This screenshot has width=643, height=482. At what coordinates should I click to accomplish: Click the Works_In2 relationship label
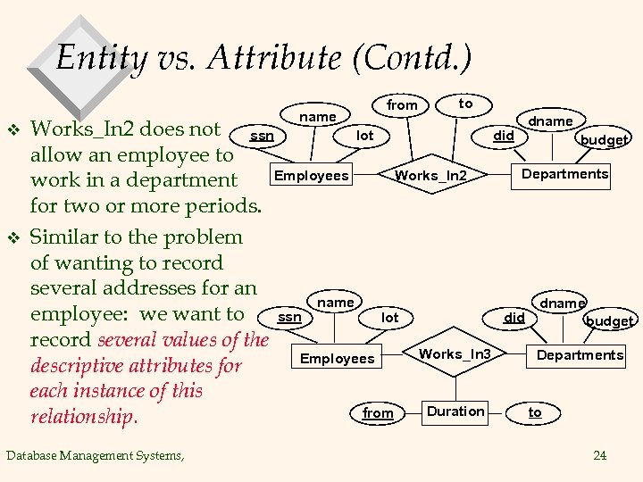coord(430,175)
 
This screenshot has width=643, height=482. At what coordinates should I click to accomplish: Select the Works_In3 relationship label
coord(455,353)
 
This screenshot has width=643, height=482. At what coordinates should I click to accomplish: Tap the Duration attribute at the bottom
coord(455,411)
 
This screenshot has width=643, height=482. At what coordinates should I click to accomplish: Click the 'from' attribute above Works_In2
coord(402,105)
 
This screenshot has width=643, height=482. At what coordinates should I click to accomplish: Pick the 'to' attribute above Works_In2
coord(465,104)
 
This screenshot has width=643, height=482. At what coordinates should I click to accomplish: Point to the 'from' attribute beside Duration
coord(378,412)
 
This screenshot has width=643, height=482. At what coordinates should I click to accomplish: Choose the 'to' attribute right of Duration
coord(535,411)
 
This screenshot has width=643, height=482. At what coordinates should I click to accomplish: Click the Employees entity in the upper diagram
coord(311,175)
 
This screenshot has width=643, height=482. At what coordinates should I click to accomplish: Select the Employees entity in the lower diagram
coord(338,358)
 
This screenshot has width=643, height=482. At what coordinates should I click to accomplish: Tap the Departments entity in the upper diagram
coord(565,173)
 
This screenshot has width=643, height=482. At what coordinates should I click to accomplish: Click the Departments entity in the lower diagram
coord(580,355)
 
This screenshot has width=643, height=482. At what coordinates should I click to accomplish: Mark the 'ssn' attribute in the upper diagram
coord(262,136)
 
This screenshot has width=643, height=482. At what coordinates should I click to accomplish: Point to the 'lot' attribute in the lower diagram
coord(390,317)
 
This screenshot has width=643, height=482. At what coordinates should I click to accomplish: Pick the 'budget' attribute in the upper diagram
coord(604,139)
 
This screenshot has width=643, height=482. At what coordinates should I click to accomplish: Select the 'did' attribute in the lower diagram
coord(514,317)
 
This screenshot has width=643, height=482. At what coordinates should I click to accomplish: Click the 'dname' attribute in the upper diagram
coord(550,120)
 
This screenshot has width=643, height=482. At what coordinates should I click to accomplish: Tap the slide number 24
coord(600,455)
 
